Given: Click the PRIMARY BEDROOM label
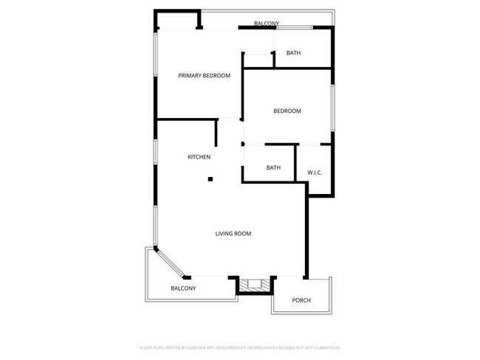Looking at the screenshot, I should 204,75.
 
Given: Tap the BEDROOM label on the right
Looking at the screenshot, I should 287,111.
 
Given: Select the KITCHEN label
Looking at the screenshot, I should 199,156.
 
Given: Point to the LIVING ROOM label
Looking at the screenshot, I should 233,233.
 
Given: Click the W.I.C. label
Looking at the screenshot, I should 315,173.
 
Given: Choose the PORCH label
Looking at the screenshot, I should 301,300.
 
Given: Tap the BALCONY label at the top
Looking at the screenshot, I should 266,24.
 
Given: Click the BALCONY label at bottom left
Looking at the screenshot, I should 183,288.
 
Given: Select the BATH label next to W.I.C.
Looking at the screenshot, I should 273,167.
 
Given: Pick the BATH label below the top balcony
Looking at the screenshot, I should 293,52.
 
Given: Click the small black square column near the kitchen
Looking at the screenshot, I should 210,179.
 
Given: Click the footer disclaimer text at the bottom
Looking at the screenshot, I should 239,347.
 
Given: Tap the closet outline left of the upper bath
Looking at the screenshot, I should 258,59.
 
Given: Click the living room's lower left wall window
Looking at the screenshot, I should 155,225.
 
